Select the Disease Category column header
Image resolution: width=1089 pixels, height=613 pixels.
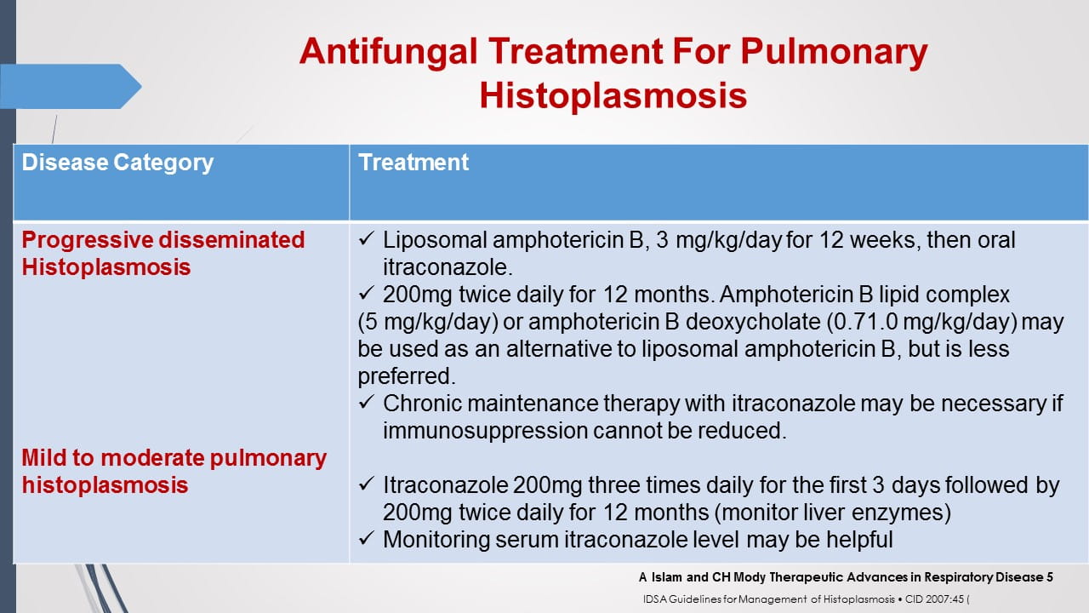117,163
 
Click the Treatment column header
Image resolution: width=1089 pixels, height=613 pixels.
413,163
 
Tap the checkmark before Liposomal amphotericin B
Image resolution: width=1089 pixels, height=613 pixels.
367,240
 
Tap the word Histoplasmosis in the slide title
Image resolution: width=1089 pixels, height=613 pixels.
613,95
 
